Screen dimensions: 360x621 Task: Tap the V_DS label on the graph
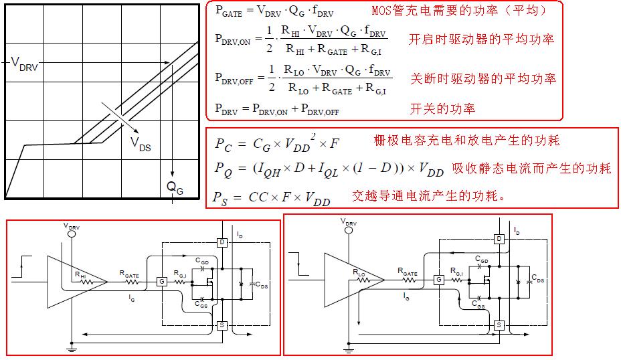point(141,143)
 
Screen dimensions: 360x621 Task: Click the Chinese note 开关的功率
point(442,108)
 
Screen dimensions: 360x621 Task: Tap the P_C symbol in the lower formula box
point(223,143)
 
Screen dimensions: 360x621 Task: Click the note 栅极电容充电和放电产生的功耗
point(466,140)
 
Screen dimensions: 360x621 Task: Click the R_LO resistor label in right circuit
point(359,272)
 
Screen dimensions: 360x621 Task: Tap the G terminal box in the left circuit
point(161,282)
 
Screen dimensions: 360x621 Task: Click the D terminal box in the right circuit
point(499,239)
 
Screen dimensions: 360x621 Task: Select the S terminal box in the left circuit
point(222,325)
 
